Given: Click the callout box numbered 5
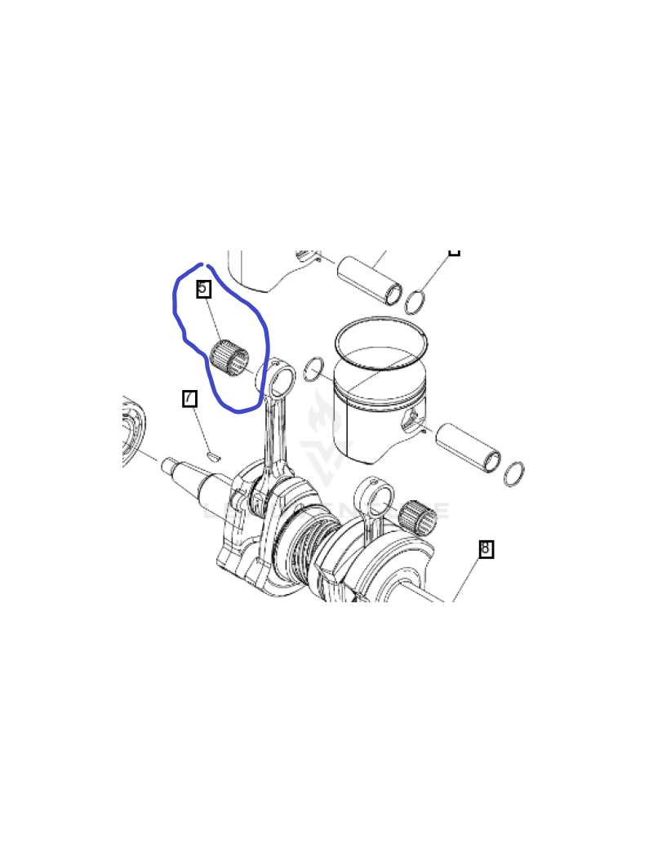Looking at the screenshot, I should click(203, 288).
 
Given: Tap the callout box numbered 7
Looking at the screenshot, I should click(189, 398).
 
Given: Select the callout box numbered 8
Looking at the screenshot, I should click(486, 548).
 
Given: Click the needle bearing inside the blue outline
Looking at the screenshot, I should click(229, 357).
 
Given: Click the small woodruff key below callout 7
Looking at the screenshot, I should click(213, 455).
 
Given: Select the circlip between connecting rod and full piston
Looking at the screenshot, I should click(313, 370).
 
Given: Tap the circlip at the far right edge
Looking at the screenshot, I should click(514, 473).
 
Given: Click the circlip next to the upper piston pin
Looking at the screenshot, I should click(415, 302).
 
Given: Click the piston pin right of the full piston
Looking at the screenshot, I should click(469, 447).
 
